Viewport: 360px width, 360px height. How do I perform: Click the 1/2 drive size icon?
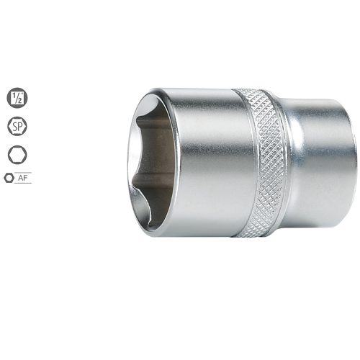point(17,98)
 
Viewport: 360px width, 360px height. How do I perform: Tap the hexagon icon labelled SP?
point(17,126)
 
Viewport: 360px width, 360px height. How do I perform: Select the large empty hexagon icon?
point(17,154)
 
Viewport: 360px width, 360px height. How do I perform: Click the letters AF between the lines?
point(23,178)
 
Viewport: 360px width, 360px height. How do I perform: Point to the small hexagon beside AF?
point(9,178)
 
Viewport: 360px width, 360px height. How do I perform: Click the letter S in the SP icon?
point(14,126)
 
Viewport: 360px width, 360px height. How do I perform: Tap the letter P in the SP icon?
point(20,126)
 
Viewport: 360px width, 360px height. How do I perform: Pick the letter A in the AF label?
point(20,178)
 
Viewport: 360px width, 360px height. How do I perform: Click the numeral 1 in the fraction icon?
point(14,94)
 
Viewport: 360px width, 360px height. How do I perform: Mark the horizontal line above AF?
point(23,173)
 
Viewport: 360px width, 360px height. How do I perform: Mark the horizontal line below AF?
point(23,183)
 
